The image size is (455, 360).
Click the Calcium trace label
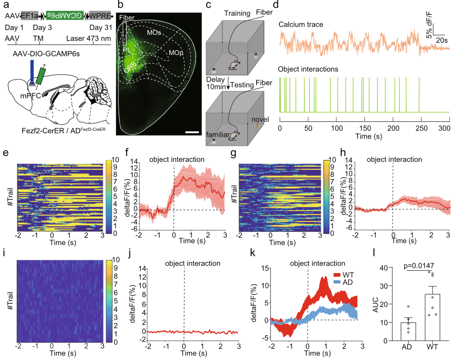pyautogui.click(x=301, y=25)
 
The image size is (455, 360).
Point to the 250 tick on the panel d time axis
pyautogui.click(x=421, y=128)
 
